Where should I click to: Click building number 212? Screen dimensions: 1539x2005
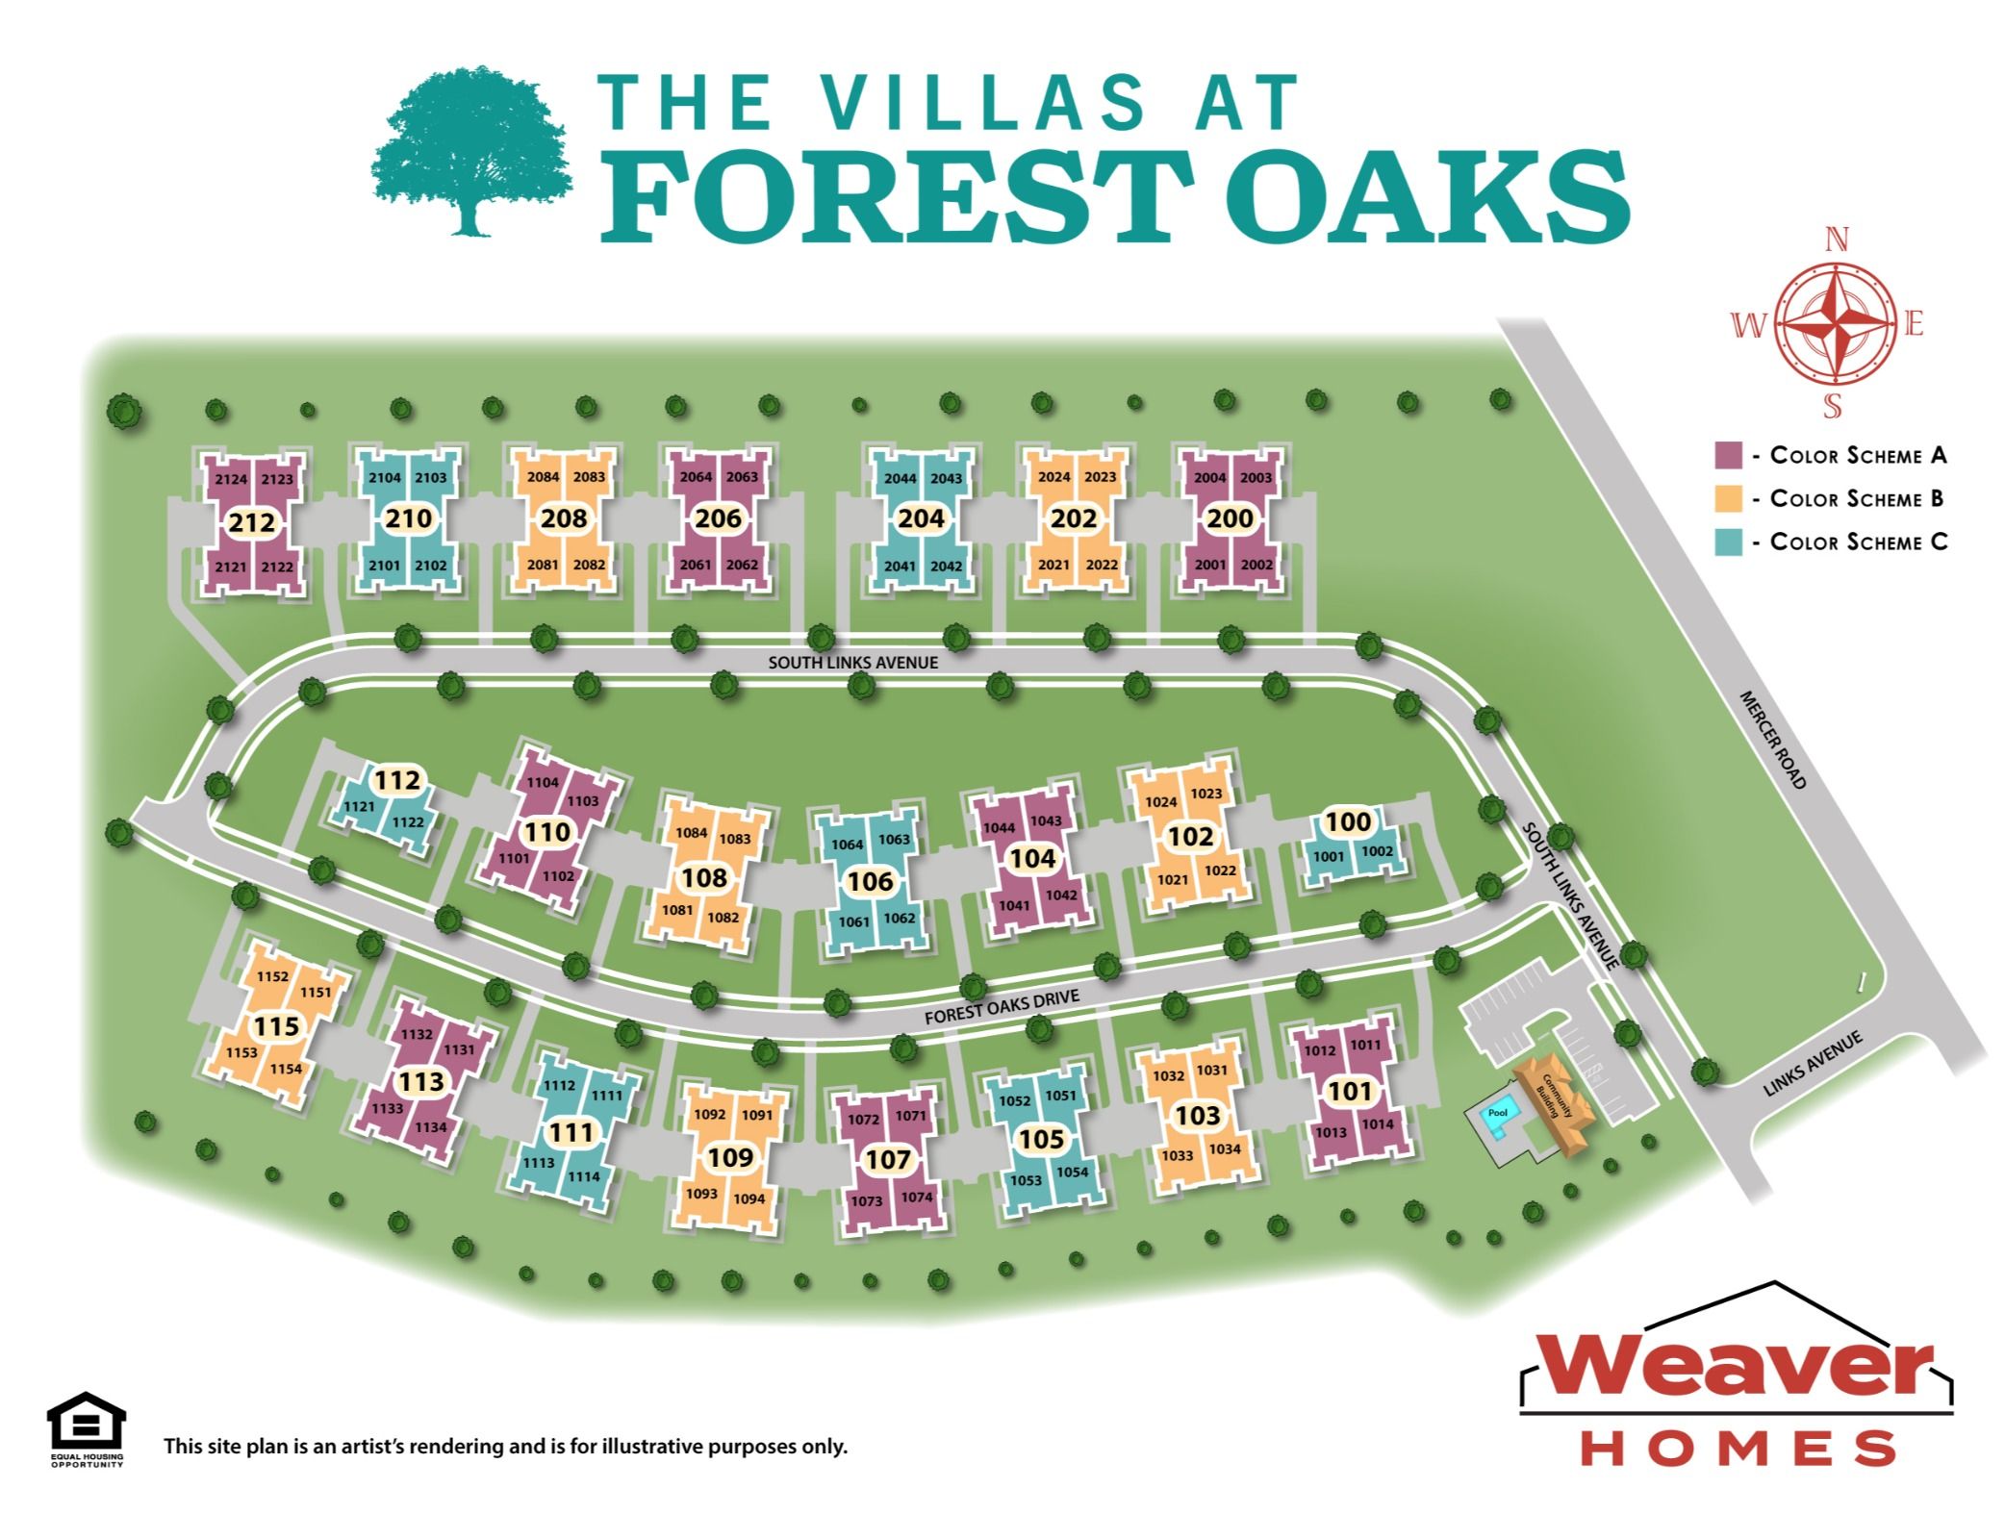[252, 522]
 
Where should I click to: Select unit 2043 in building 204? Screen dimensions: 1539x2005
[946, 478]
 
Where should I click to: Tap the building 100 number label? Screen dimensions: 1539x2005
[1348, 821]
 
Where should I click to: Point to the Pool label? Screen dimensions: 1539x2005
[1497, 1113]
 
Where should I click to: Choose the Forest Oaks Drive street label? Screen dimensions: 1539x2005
[1002, 1007]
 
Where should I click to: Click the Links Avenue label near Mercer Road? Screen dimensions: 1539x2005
[1813, 1064]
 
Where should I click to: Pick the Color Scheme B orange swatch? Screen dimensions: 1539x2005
[1728, 498]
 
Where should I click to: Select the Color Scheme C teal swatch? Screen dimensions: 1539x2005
[1728, 542]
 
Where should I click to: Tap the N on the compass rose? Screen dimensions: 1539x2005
[1836, 240]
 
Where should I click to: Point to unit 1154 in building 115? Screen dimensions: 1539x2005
[286, 1069]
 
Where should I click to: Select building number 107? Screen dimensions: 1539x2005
[887, 1159]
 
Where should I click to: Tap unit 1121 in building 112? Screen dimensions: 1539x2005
[359, 806]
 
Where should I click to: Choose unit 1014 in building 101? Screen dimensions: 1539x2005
[1377, 1123]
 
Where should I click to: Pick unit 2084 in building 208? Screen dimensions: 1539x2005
[543, 477]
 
